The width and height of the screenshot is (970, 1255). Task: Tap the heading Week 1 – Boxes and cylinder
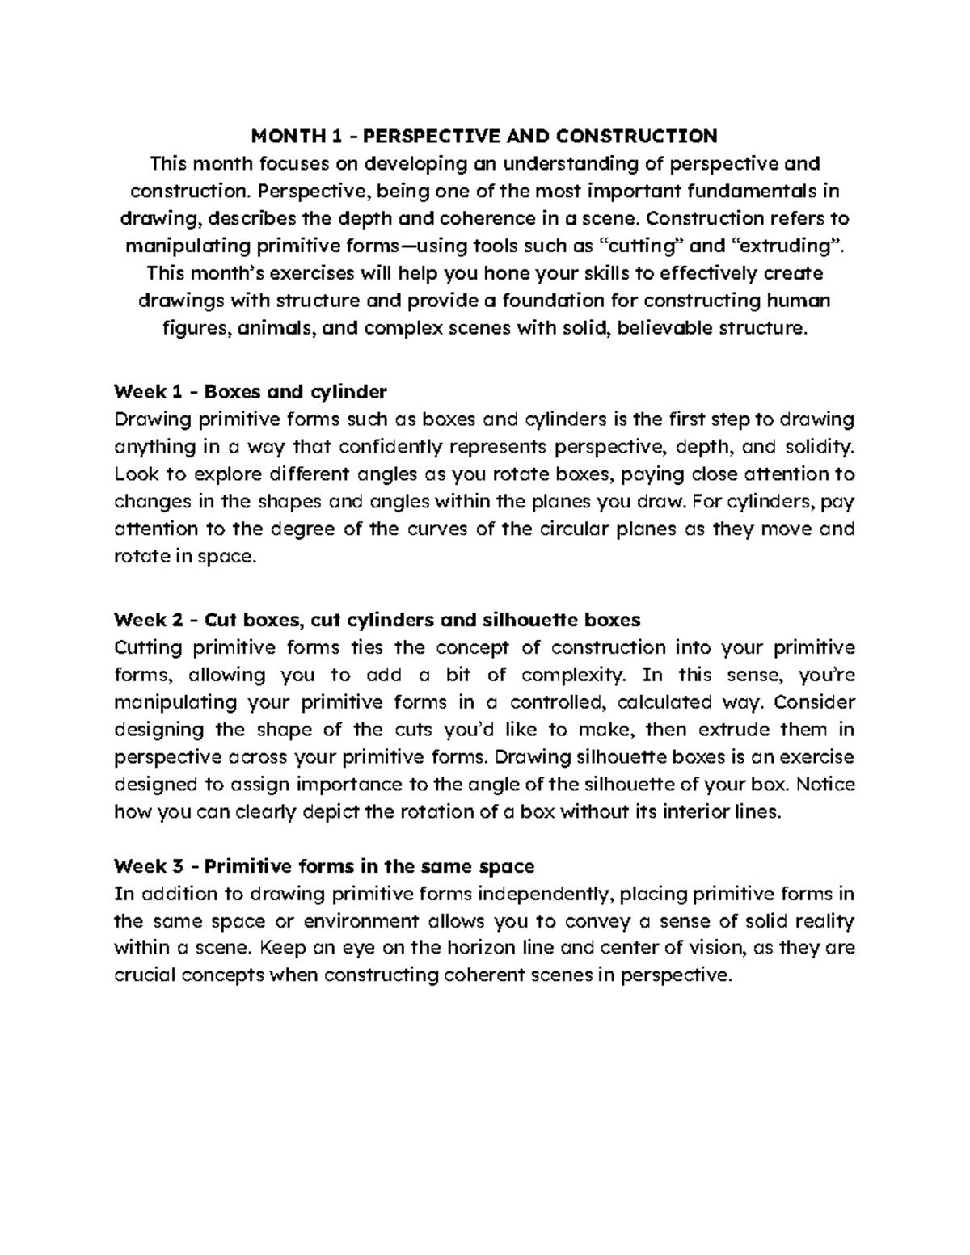coord(251,392)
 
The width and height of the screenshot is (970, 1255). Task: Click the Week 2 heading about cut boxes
coord(377,620)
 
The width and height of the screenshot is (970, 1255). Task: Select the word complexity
coord(573,675)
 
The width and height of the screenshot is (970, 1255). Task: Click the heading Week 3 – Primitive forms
coord(324,866)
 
